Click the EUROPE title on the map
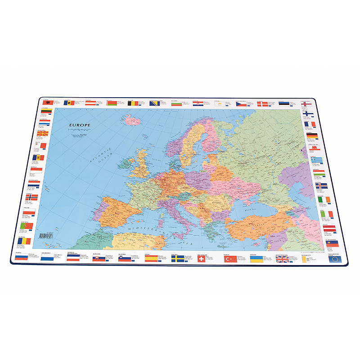80,125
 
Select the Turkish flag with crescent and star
230,259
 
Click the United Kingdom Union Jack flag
282,260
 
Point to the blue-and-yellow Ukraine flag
256,260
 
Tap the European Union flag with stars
335,259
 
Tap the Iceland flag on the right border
320,185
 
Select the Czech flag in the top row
241,103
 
